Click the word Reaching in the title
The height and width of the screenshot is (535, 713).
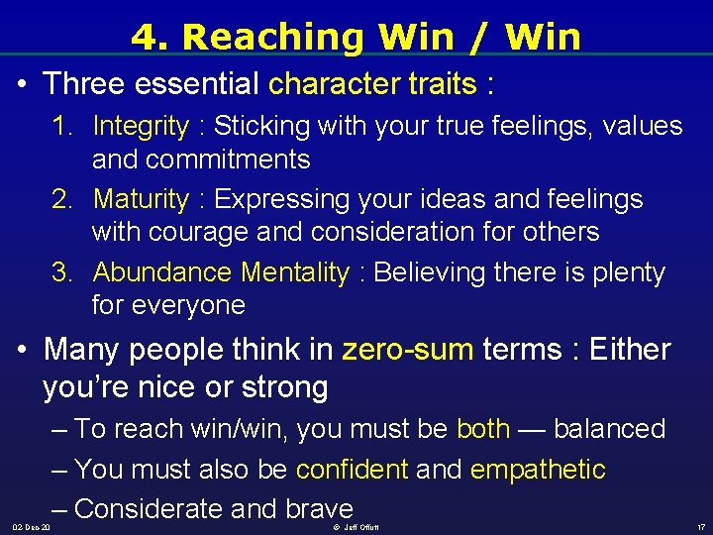[x=259, y=37]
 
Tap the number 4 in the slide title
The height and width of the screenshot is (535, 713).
[x=145, y=37]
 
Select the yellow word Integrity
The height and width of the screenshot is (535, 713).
[x=140, y=126]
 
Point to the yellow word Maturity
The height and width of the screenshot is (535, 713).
[x=140, y=199]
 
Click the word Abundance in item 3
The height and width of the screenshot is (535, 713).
[x=159, y=272]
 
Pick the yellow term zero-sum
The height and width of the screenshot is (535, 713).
[x=407, y=350]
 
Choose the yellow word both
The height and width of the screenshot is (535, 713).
[x=483, y=429]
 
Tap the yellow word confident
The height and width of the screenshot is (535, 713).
[x=352, y=469]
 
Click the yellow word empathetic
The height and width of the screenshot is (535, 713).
[x=537, y=469]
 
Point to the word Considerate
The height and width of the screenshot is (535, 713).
[x=148, y=508]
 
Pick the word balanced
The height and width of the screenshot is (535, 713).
[x=609, y=429]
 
